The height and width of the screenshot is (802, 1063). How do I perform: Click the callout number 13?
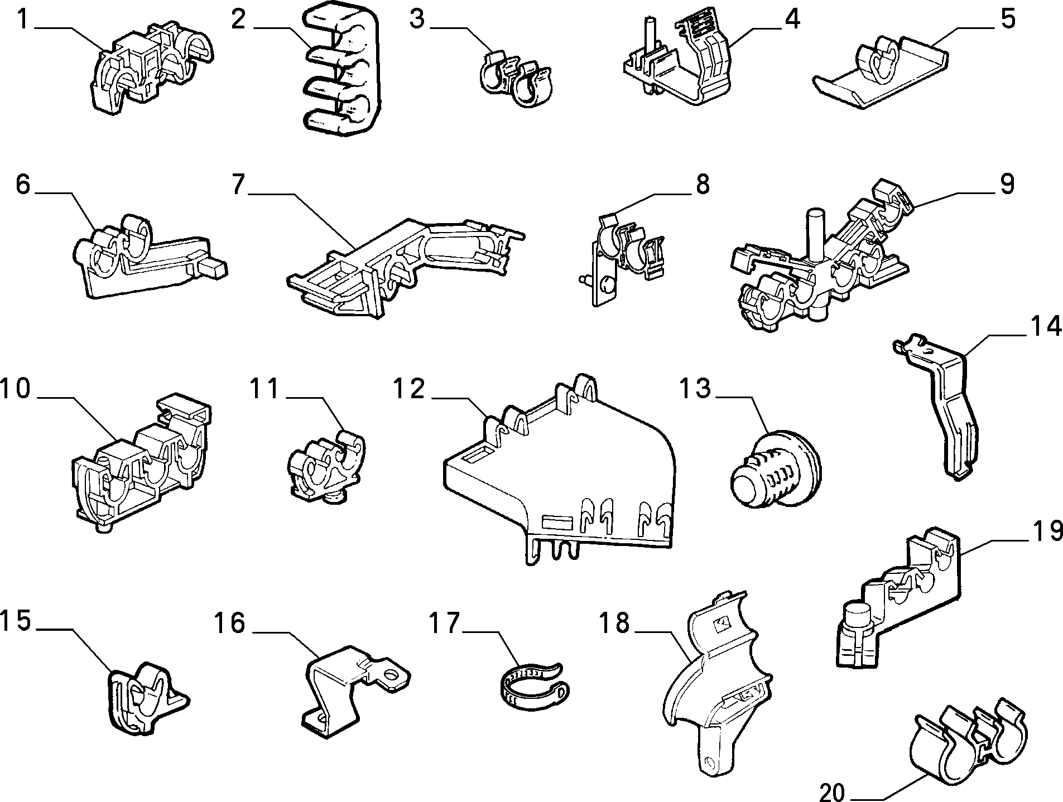tap(695, 388)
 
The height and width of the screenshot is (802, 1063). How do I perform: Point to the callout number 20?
tap(834, 791)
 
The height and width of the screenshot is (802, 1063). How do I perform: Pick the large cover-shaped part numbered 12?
tap(558, 480)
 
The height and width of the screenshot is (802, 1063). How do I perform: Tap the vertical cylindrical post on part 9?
tap(816, 234)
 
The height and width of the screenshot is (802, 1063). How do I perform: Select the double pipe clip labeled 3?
tap(516, 80)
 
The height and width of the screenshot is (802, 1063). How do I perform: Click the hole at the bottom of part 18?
tap(709, 761)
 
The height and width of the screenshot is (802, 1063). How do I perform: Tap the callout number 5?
tap(1008, 19)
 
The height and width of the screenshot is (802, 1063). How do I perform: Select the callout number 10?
tap(15, 388)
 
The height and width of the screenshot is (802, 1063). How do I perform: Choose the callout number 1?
tap(22, 20)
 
